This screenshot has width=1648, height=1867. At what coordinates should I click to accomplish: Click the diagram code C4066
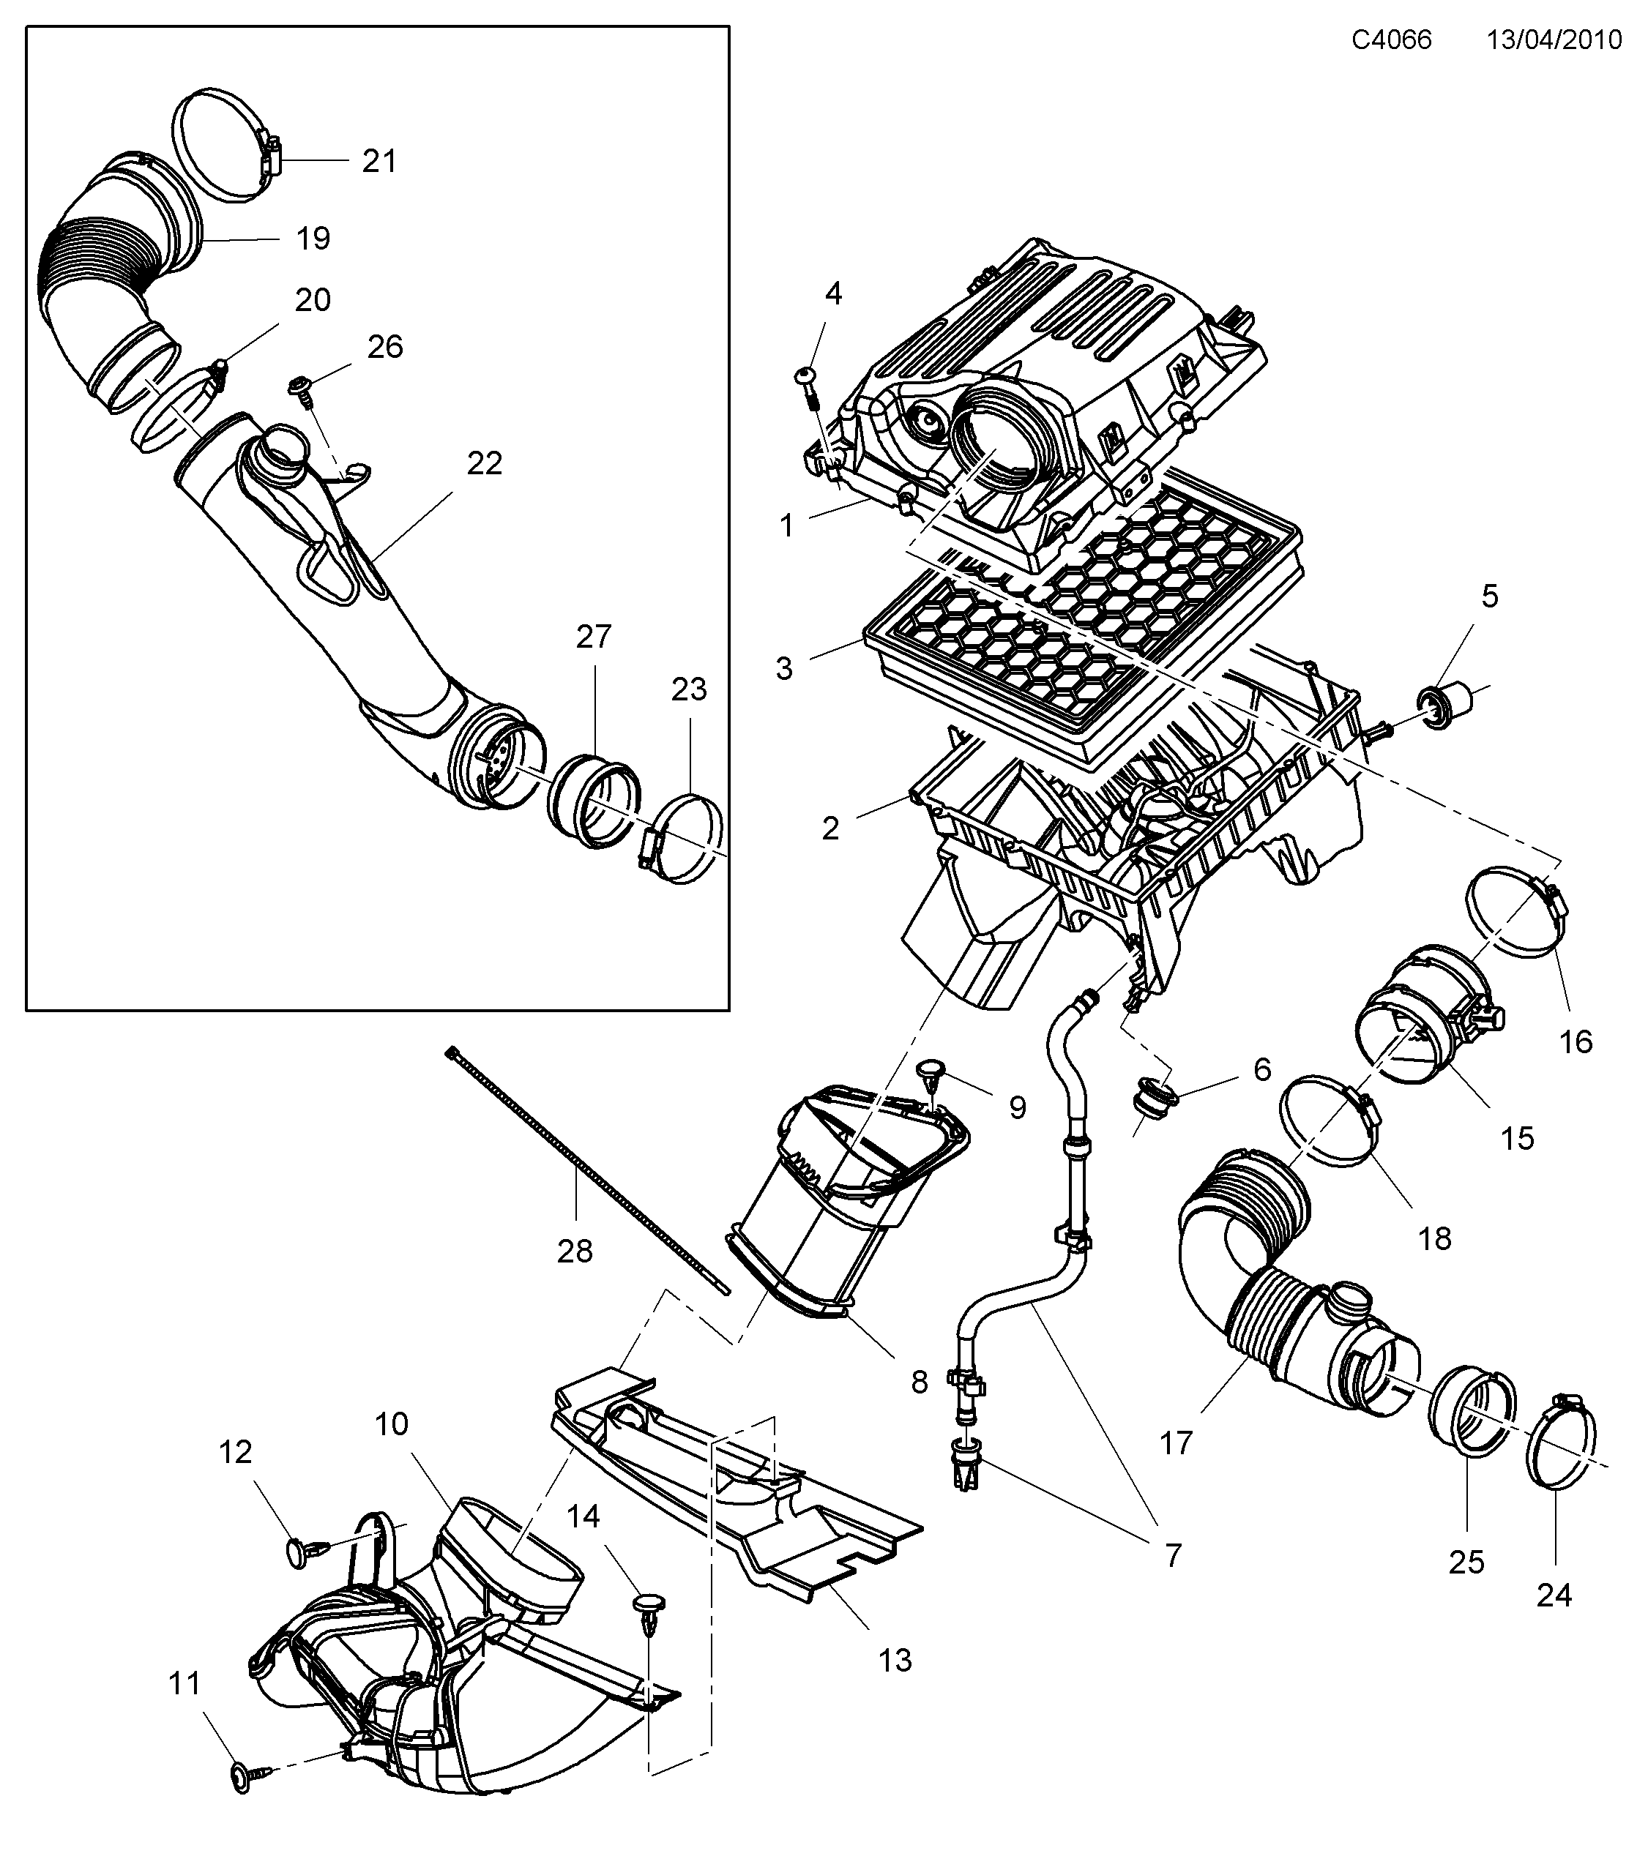pyautogui.click(x=1391, y=40)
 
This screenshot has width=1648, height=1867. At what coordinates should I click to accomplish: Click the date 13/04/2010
pyautogui.click(x=1554, y=40)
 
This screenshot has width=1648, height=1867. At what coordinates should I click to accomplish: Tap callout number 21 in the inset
pyautogui.click(x=379, y=161)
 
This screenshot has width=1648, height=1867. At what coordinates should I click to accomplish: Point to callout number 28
pyautogui.click(x=575, y=1251)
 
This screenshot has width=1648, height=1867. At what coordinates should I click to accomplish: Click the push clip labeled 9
pyautogui.click(x=931, y=1072)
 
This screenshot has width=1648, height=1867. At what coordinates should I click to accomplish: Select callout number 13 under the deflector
pyautogui.click(x=895, y=1660)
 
